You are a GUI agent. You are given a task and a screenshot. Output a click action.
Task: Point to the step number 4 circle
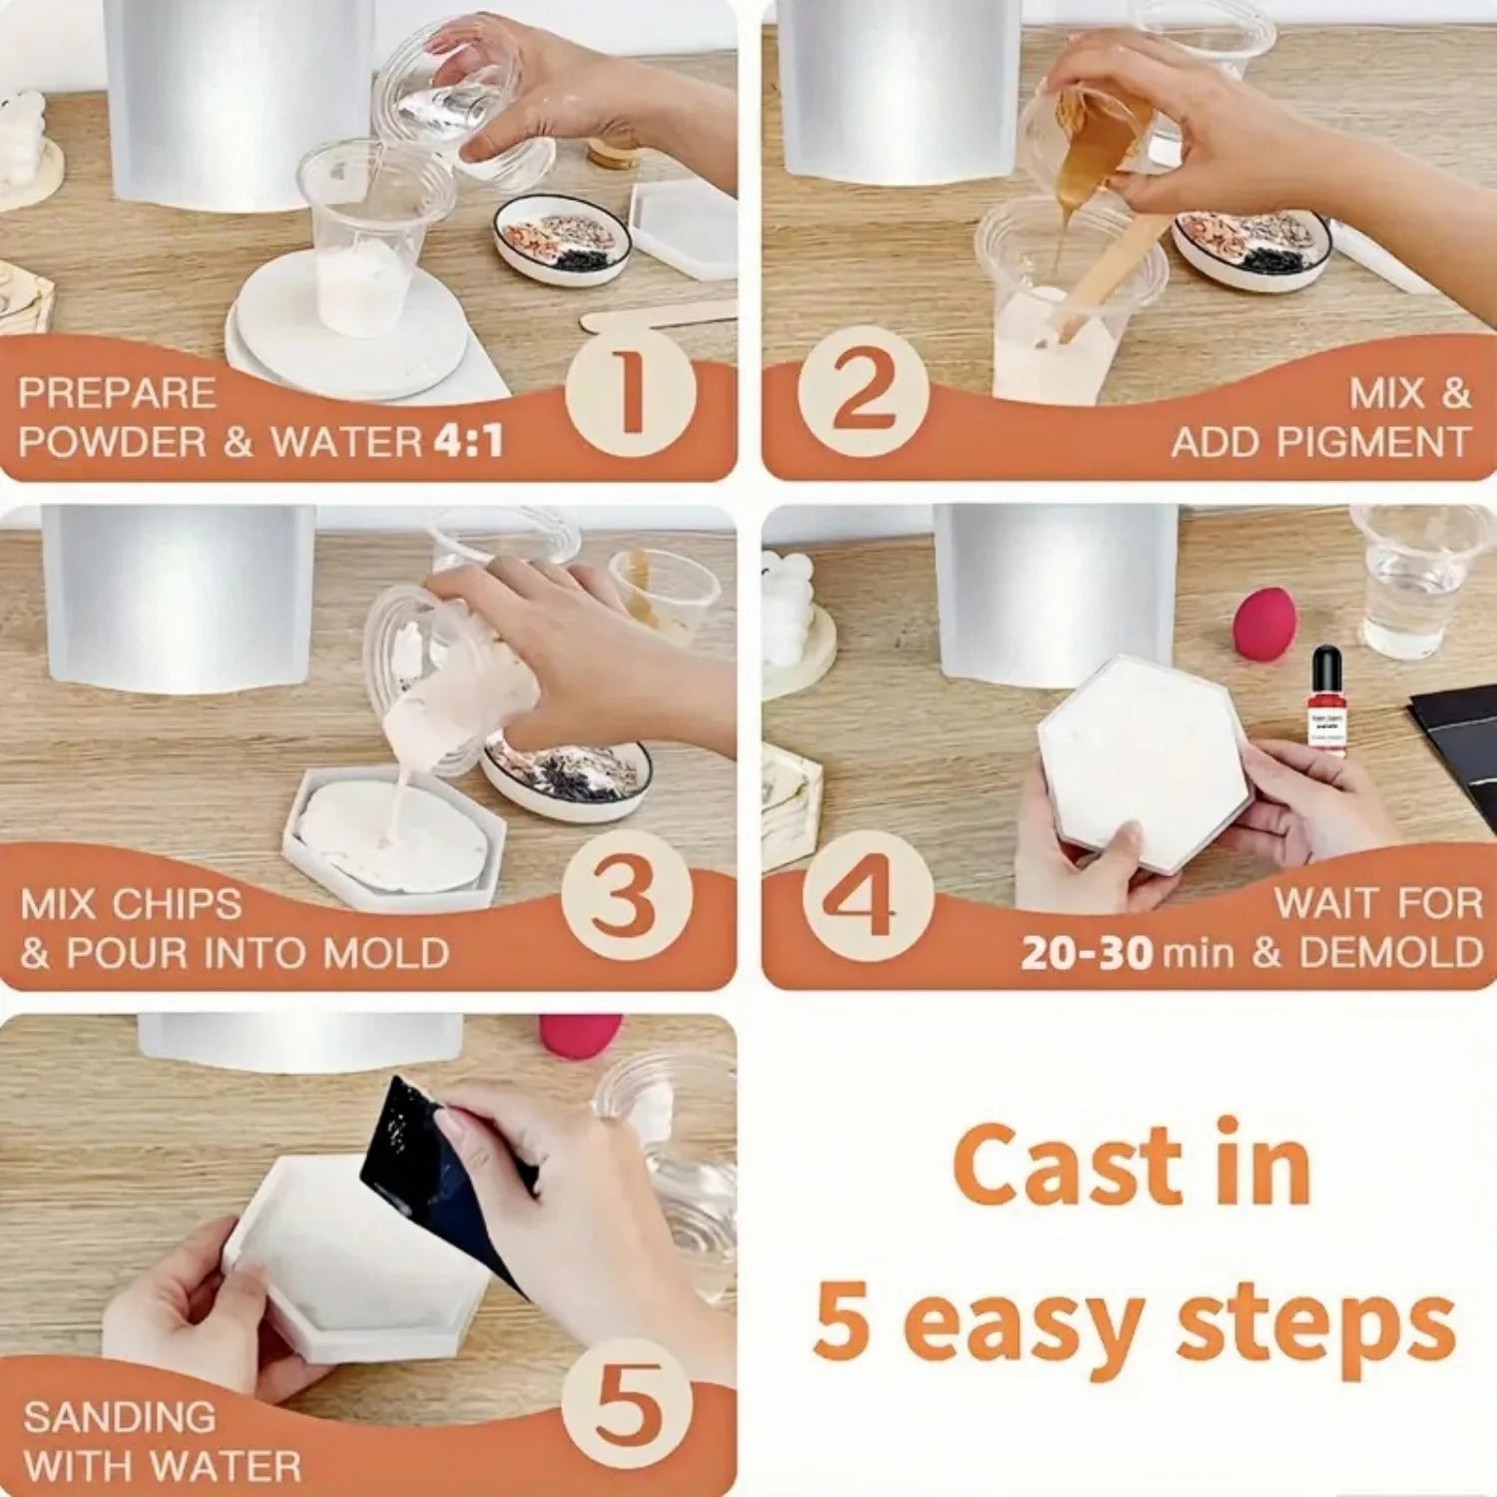pyautogui.click(x=864, y=896)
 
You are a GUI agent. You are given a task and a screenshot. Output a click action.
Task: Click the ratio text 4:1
pyautogui.click(x=468, y=442)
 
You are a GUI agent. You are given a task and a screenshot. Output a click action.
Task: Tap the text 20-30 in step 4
pyautogui.click(x=1086, y=953)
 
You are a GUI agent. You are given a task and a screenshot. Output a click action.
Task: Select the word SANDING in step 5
pyautogui.click(x=119, y=1417)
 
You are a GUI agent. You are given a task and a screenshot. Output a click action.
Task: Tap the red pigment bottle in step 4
pyautogui.click(x=1325, y=699)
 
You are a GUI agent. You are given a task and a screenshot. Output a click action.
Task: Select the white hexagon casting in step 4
pyautogui.click(x=1143, y=758)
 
